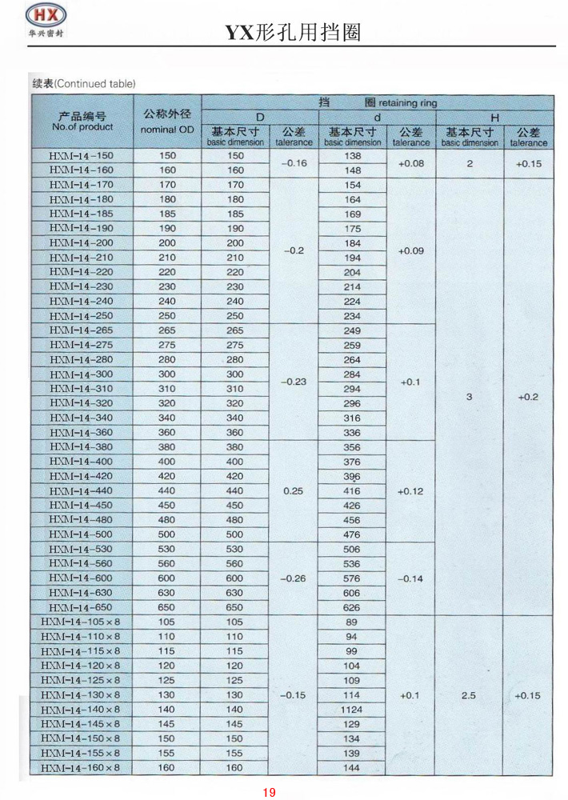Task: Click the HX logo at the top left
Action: click(43, 22)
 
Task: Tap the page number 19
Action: click(269, 792)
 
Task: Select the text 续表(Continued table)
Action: click(83, 84)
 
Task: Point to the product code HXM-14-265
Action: click(82, 330)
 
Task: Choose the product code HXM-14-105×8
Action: click(80, 622)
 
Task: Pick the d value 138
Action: click(352, 155)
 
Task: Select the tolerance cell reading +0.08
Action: click(410, 163)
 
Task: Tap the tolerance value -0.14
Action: click(410, 578)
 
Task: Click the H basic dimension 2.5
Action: click(469, 695)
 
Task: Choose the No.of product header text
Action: click(82, 126)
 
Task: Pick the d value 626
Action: click(352, 607)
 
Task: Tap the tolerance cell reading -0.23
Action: click(294, 382)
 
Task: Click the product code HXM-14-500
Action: click(82, 534)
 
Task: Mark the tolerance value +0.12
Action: click(410, 490)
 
